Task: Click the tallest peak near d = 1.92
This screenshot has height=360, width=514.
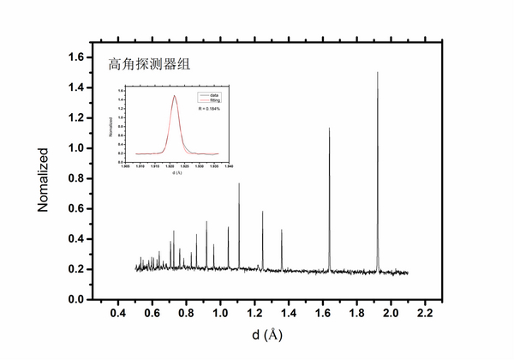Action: tap(378, 73)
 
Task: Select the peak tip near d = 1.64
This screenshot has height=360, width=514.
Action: tap(330, 129)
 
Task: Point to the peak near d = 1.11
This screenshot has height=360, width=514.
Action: tap(239, 183)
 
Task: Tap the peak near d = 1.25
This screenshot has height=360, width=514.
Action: tap(263, 212)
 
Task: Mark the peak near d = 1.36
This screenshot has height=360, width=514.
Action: tap(282, 230)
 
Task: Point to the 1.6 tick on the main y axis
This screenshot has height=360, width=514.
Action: tap(77, 57)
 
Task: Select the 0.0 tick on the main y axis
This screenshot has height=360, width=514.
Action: tap(77, 300)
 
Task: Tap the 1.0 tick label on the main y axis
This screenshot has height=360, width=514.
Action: tap(77, 148)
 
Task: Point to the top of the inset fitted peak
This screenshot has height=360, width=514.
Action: tap(175, 96)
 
